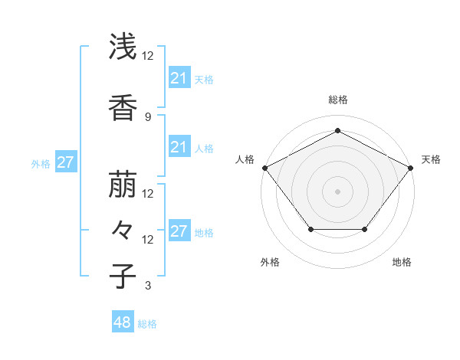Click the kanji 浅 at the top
123,47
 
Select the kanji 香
123,108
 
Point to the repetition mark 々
123,231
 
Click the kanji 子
123,277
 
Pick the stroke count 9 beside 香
147,116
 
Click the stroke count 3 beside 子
147,286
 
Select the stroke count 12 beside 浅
147,56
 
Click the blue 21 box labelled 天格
179,78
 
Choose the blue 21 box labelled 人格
179,147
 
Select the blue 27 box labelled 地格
179,231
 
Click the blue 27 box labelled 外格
65,162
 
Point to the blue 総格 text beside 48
147,324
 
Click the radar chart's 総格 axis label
337,100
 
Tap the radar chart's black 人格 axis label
245,159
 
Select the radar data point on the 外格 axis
310,229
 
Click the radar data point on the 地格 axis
365,229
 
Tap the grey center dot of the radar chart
337,191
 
